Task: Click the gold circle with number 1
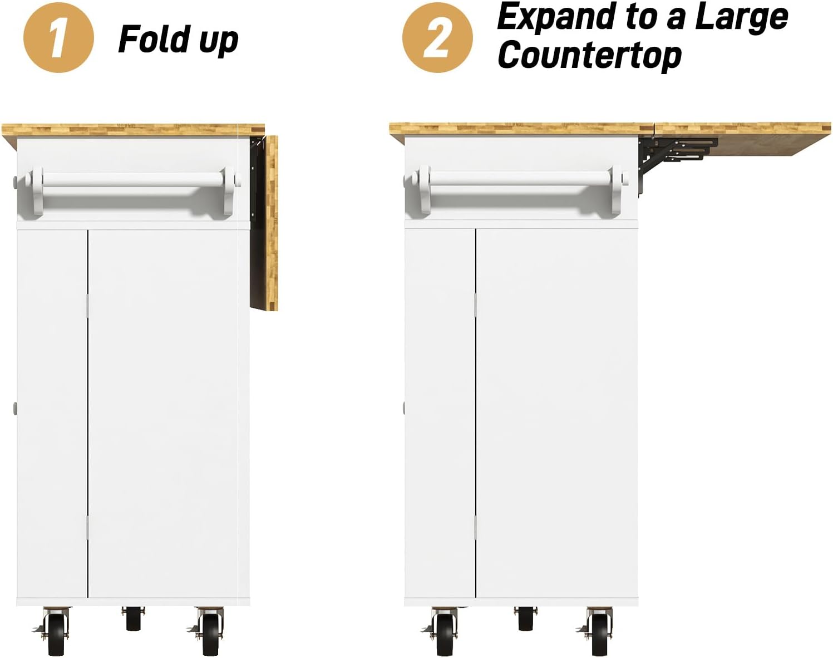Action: click(58, 38)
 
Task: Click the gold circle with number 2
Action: click(437, 38)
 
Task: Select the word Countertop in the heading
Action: click(589, 56)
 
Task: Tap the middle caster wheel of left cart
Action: click(133, 619)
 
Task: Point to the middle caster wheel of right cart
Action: click(525, 619)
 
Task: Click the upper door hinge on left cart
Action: click(87, 306)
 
